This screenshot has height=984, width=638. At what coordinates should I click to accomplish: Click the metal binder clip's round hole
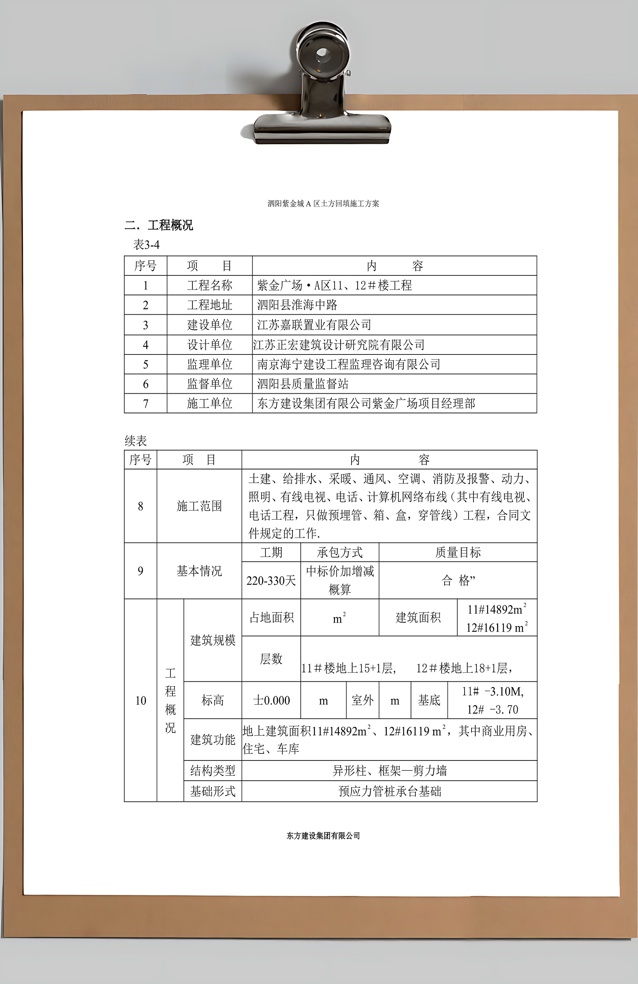coord(322,54)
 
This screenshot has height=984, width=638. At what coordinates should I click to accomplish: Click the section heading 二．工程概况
coord(159,225)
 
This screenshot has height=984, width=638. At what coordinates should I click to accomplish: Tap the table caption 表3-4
coord(146,245)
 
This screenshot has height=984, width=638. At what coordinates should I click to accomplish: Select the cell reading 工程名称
coord(209,285)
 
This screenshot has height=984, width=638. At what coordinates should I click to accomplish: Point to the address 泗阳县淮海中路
coord(297,305)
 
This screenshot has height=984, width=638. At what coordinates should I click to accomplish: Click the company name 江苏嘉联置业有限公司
coord(314,325)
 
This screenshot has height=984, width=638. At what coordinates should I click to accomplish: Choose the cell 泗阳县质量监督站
coord(303,384)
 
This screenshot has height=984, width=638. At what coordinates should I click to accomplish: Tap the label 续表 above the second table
coord(136,441)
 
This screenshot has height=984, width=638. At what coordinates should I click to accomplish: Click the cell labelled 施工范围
coord(199,506)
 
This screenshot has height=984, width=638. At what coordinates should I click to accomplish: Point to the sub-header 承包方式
coord(340,552)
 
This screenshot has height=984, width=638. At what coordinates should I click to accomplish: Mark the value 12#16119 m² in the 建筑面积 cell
coord(496,628)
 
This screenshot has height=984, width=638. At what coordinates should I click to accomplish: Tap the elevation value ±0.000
coord(271,700)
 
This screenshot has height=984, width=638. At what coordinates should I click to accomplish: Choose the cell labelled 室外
coord(362,700)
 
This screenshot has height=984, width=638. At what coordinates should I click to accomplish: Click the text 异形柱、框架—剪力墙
coord(389,771)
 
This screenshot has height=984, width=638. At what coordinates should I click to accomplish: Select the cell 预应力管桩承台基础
coord(389,791)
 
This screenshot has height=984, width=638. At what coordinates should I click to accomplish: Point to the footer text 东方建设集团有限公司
coord(323,836)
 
